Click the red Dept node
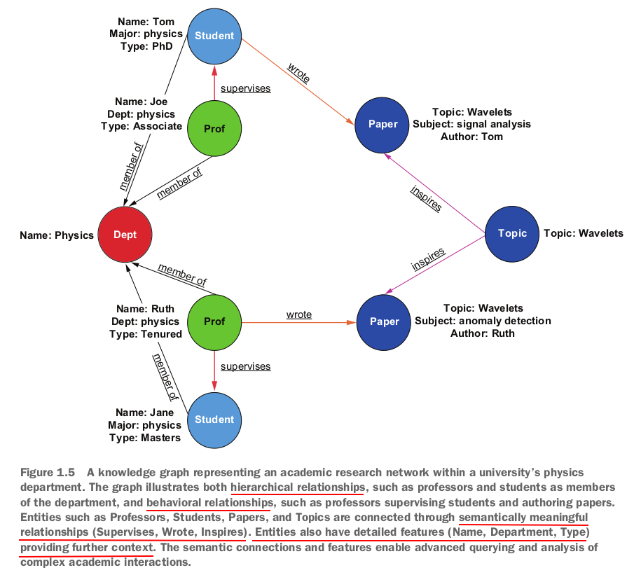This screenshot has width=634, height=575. point(125,235)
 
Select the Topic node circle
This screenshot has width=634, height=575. point(511,233)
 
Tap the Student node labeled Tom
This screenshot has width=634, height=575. point(214,36)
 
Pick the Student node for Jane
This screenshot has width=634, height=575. point(214,420)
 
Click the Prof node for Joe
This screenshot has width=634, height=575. point(214,129)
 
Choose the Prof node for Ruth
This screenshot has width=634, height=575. point(214,321)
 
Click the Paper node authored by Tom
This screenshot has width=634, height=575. point(383,124)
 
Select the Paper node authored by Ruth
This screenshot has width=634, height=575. point(384,321)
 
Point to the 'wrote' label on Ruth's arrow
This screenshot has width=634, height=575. point(299,315)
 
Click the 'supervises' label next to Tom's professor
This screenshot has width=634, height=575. point(245,89)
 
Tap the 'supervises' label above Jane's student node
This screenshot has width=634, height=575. point(245,366)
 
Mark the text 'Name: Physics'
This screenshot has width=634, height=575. point(57,235)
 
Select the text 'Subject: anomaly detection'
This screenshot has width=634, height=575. point(483,321)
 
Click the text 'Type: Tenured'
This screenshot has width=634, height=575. point(146,334)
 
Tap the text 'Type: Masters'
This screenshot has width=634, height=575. point(145,438)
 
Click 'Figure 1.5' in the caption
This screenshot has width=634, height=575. point(47,473)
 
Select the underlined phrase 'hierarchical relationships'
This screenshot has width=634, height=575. point(297,487)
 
